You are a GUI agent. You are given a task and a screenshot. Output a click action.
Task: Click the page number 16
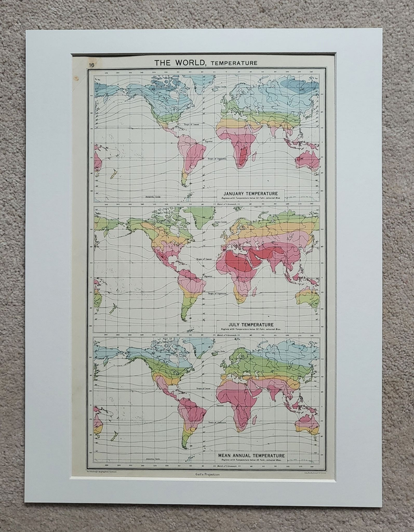[93, 64]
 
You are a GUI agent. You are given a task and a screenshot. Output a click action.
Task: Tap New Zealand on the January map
[113, 175]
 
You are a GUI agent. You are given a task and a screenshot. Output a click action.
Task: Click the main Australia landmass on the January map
[307, 159]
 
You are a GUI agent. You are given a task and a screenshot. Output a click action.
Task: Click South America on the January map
[190, 153]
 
